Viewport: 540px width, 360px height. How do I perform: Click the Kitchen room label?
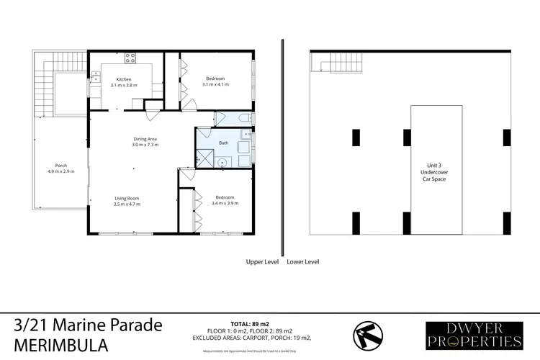(x=124, y=79)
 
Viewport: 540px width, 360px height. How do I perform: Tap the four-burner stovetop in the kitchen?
(x=130, y=58)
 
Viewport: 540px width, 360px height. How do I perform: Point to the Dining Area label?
(x=145, y=138)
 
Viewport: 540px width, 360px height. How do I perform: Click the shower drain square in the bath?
(x=223, y=162)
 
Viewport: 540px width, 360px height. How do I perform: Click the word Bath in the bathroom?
(x=223, y=144)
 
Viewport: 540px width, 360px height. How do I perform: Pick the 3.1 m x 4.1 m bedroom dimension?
(x=215, y=85)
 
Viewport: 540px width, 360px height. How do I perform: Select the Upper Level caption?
(x=262, y=262)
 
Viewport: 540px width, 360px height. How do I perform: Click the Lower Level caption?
(x=303, y=262)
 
